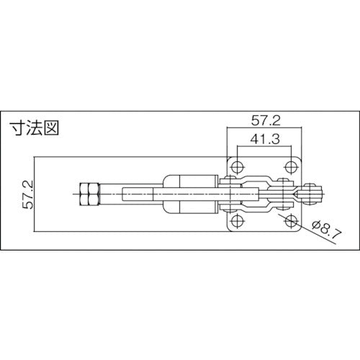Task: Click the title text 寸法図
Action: (x=34, y=130)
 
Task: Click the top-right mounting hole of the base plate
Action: (x=290, y=168)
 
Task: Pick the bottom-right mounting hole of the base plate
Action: (x=290, y=219)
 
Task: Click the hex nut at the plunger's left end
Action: (x=90, y=194)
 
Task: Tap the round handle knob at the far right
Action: (x=315, y=194)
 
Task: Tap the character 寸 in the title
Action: (x=17, y=130)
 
